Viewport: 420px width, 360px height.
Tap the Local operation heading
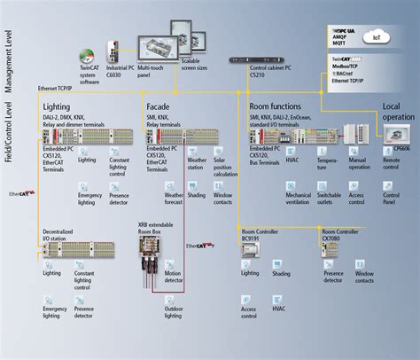coord(397,111)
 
